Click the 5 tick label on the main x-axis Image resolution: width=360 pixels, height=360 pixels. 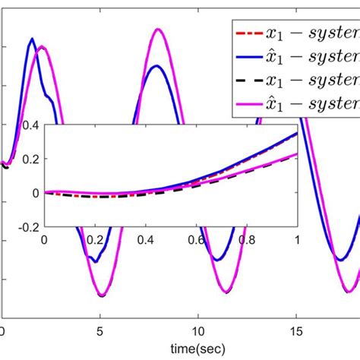(x=100, y=331)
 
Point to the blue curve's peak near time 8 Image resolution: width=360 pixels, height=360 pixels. (x=156, y=66)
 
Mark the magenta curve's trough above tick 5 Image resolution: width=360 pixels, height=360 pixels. (x=100, y=295)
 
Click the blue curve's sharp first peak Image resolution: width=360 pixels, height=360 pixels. (x=32, y=39)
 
